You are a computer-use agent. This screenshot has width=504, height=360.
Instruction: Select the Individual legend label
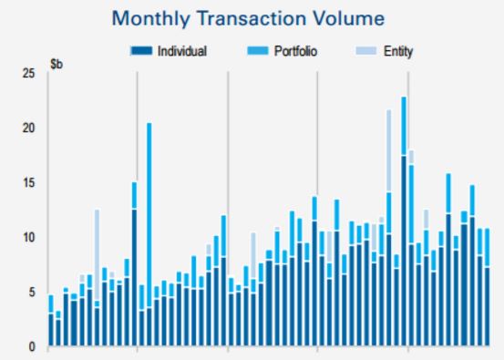pyautogui.click(x=182, y=51)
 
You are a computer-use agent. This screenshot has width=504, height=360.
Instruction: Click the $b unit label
pyautogui.click(x=56, y=66)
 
